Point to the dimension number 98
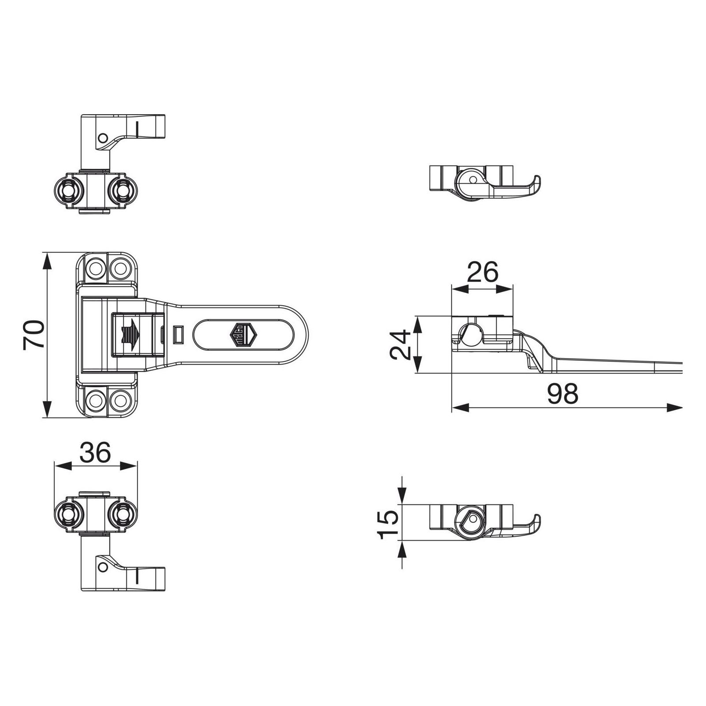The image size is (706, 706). tap(562, 393)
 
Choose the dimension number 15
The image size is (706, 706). tap(388, 524)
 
